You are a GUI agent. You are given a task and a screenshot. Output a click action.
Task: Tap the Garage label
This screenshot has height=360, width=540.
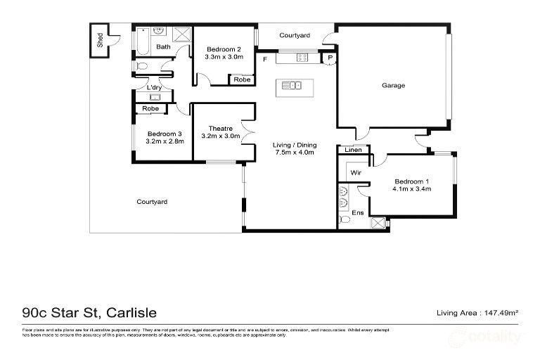click(393, 85)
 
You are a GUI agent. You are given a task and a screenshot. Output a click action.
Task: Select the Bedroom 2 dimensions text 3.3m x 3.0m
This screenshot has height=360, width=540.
click(224, 58)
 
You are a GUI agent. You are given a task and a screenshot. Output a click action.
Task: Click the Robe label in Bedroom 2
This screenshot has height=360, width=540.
click(242, 79)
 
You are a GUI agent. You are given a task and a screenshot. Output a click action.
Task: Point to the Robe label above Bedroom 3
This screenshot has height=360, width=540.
click(150, 109)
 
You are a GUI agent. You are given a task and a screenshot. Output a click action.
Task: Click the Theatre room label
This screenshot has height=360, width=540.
click(220, 128)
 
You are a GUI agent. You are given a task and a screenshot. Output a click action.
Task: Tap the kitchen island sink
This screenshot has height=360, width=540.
click(291, 86)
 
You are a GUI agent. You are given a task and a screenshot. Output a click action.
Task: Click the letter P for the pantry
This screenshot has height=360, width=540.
click(329, 59)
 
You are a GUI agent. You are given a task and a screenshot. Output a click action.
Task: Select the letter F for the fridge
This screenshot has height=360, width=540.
click(264, 60)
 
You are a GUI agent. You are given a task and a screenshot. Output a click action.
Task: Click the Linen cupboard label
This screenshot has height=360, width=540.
click(352, 150)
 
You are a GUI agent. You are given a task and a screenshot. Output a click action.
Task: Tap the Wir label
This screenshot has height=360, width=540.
click(356, 171)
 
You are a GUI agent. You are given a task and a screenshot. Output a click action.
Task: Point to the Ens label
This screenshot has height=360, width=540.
click(357, 212)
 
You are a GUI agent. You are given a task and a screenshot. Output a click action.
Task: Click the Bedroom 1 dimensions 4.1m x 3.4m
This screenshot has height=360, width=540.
click(411, 188)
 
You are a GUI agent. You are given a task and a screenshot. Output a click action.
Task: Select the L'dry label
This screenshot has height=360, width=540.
click(153, 87)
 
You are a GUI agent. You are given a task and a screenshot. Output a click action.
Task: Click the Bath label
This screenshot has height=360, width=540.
click(163, 47)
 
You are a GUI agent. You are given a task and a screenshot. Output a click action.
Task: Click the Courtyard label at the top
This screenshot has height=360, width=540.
click(295, 34)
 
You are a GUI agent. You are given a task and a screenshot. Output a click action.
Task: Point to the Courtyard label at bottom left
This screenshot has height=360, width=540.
click(152, 202)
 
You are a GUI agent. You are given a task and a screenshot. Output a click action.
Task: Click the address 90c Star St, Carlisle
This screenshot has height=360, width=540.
click(89, 312)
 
